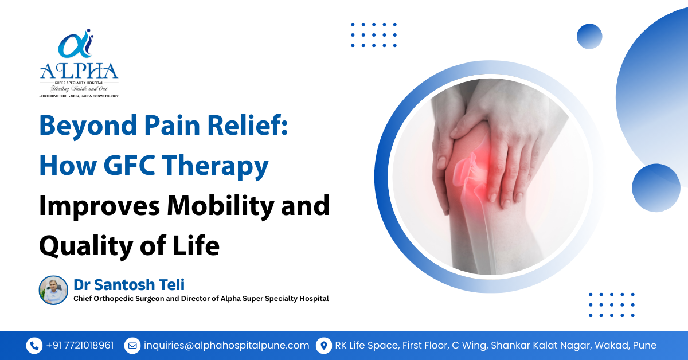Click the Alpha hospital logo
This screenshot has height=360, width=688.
click(x=79, y=63)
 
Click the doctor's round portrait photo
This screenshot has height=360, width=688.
click(x=53, y=290)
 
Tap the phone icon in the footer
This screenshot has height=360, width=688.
click(x=34, y=345)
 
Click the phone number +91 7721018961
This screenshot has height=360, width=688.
click(x=80, y=345)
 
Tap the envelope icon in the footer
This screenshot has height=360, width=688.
click(x=132, y=345)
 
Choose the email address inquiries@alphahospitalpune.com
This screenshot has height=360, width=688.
click(x=226, y=345)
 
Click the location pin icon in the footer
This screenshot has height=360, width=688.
click(x=324, y=345)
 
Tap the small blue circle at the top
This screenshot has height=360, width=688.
click(x=589, y=36)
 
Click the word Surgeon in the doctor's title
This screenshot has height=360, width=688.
click(x=161, y=299)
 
